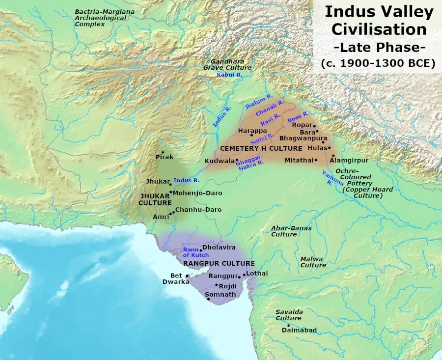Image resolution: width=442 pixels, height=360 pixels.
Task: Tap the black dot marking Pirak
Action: tap(163, 152)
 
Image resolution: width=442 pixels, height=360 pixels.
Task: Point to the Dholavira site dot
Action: tap(201, 250)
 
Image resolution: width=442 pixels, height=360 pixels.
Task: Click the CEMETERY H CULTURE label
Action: tap(261, 148)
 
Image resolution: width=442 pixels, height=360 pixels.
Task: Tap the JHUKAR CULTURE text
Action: tap(155, 199)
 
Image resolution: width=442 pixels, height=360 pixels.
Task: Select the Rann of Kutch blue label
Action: tap(196, 252)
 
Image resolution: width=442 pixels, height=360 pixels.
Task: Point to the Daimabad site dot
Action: tap(288, 325)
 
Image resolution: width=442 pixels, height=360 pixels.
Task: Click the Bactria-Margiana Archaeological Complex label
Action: tap(100, 18)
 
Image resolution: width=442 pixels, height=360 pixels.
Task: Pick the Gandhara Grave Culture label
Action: tap(227, 64)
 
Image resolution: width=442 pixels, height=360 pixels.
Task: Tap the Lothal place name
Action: tap(257, 273)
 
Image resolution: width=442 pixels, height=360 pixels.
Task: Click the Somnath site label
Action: tap(221, 295)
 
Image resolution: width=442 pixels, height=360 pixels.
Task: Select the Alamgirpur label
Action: tap(349, 160)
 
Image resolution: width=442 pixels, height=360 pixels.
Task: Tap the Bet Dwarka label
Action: tap(175, 278)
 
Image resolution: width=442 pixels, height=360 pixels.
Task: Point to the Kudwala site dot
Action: tap(236, 161)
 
